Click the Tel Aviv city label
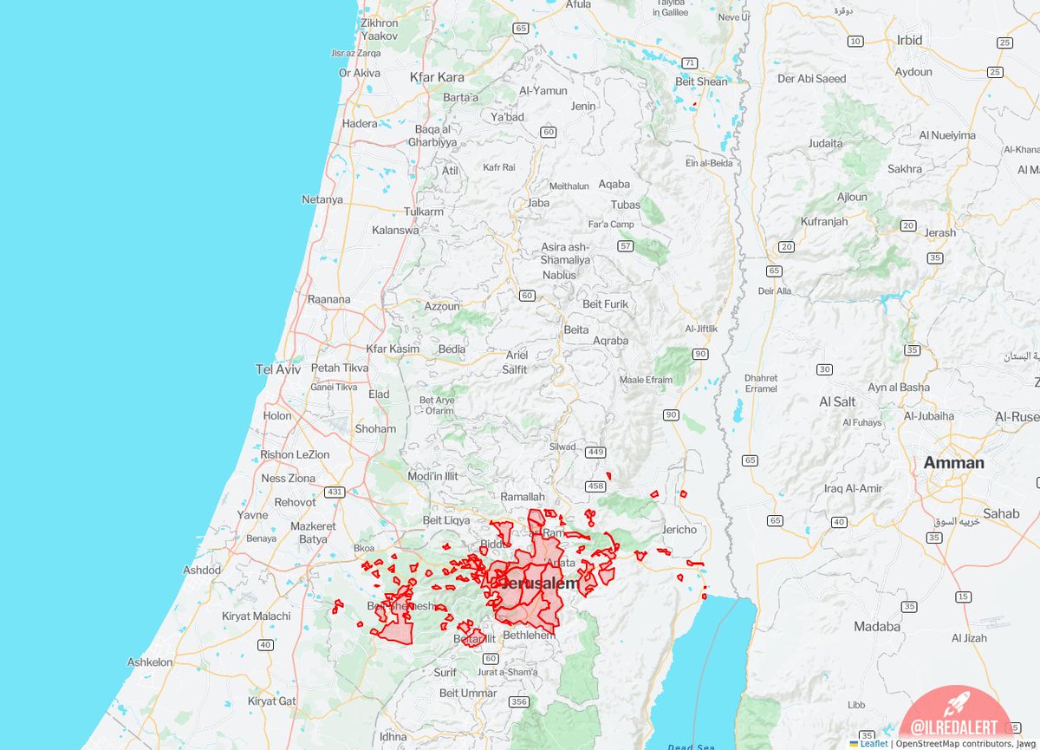tap(277, 369)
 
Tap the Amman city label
tap(953, 462)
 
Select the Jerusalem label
tap(539, 584)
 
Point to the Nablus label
tap(560, 275)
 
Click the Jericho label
tap(679, 530)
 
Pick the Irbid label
tap(910, 40)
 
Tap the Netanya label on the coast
tap(322, 199)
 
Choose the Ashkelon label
tap(150, 662)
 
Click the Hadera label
tap(360, 123)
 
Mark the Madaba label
tap(877, 626)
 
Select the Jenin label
tap(583, 107)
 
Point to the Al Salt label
tap(837, 401)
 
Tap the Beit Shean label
tap(701, 82)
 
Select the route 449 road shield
tap(595, 452)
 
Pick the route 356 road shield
tap(519, 701)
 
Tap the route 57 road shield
tap(626, 246)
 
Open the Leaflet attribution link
tap(874, 743)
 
